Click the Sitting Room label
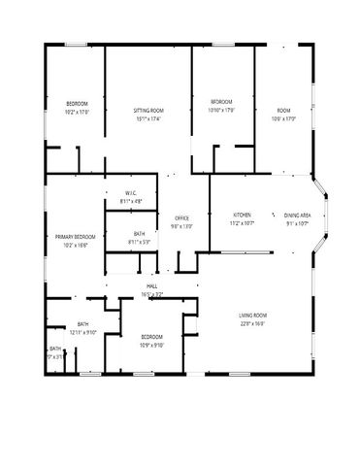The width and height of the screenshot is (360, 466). point(148,112)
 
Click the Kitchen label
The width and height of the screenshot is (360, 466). point(243,215)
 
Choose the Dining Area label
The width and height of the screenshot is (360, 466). point(297,215)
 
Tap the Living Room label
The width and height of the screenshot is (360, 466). point(253,316)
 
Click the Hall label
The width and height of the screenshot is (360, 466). point(152,286)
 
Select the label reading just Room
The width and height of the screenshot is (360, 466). point(282,112)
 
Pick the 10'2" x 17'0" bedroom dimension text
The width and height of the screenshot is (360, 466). point(78,112)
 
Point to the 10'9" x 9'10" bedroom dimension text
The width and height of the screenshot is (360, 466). point(150,344)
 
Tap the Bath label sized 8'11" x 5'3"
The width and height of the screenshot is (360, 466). point(139,242)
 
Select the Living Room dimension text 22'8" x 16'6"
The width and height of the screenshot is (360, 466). point(253,324)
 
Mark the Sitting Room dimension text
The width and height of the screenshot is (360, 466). point(148,119)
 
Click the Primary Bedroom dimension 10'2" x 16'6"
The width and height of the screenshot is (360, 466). point(75,246)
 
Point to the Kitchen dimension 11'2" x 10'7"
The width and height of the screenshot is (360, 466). point(243,222)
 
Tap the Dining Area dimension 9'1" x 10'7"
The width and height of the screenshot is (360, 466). point(297,222)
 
